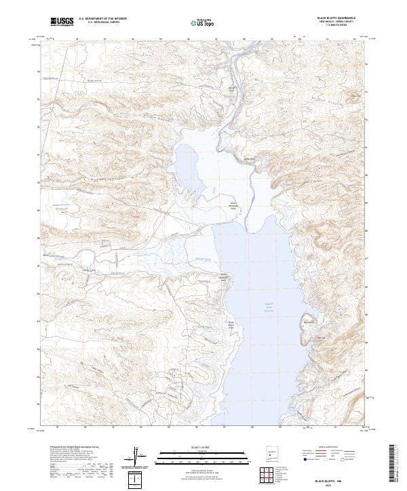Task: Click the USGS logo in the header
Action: [x=62, y=22]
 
